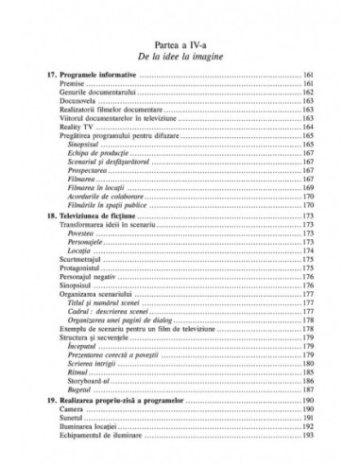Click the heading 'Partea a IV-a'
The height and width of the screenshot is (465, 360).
pos(180,44)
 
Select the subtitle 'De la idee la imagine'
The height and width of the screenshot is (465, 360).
pos(180,58)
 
